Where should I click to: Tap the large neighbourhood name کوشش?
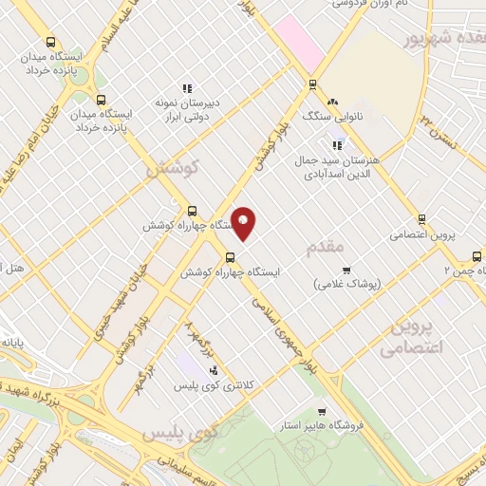[x=172, y=168]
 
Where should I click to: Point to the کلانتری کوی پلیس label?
[x=198, y=386]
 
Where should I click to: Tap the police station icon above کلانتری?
[x=215, y=370]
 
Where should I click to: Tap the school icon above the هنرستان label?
[x=336, y=145]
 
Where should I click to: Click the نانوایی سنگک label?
[x=327, y=116]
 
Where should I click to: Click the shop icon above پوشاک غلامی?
[x=346, y=270]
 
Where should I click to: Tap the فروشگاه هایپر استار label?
[x=330, y=426]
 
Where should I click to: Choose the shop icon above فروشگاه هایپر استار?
[x=322, y=412]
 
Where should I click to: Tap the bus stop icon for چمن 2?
[x=477, y=255]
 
